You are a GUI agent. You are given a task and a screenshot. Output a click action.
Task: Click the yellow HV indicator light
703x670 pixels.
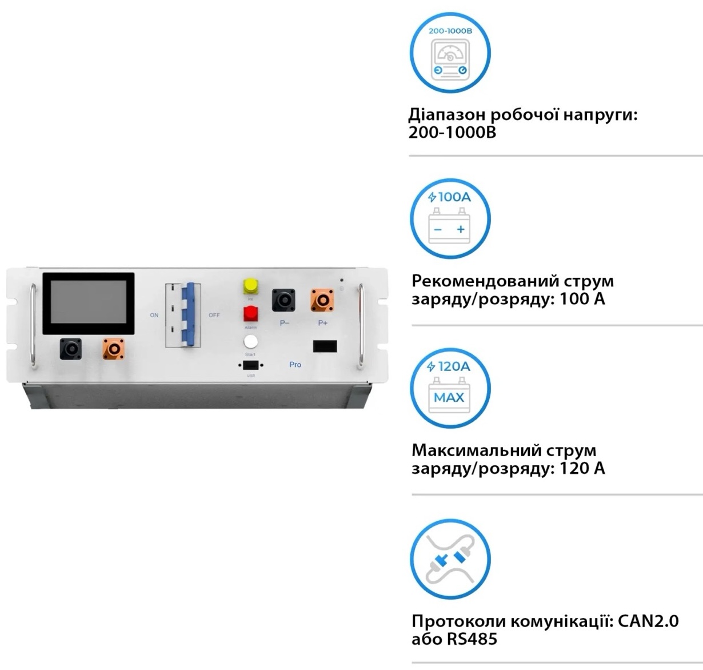[x=250, y=285]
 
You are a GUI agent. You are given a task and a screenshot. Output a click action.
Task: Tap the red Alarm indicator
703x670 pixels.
[x=250, y=314]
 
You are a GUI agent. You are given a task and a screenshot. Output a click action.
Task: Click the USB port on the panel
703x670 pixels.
[x=250, y=365]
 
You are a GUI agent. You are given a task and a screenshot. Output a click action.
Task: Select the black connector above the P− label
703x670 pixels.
[x=283, y=300]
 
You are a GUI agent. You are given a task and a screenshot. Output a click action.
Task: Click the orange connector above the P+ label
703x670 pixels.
[x=322, y=300]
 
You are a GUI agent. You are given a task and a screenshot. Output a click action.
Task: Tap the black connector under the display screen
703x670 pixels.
[x=71, y=349]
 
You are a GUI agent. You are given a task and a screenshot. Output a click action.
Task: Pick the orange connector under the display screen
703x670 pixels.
[x=113, y=349]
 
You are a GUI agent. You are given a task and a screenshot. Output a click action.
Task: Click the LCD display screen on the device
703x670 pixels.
[x=88, y=304]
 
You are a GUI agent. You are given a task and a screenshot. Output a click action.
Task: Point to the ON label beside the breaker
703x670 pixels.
[x=154, y=315]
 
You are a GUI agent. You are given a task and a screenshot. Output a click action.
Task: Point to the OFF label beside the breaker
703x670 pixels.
[x=214, y=315]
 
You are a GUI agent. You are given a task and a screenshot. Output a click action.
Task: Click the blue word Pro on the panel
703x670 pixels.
[x=295, y=365]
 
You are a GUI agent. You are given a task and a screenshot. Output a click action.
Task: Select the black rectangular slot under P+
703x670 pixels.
[x=325, y=346]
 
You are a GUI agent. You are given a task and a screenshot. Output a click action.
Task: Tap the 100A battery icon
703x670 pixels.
[x=450, y=219]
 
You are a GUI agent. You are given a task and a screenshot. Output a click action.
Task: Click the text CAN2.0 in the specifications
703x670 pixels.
[x=648, y=621]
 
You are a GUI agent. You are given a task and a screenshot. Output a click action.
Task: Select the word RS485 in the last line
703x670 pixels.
[x=472, y=639]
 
